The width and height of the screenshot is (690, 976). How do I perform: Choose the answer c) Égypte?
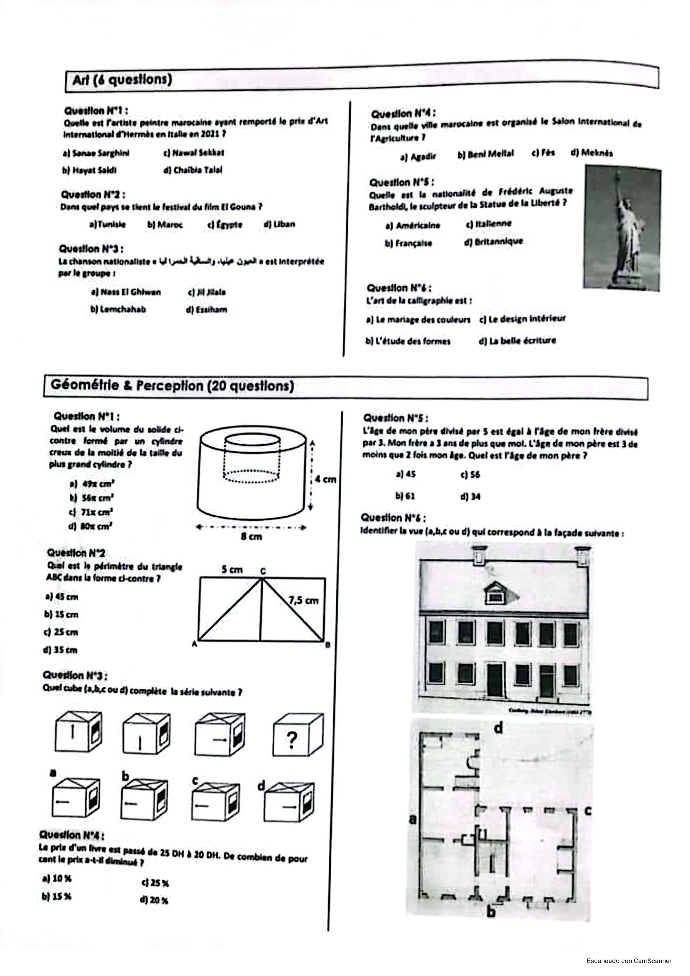[x=225, y=224]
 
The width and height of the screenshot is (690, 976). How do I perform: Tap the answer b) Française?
[x=408, y=243]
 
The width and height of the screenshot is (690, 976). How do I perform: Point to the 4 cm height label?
[x=326, y=479]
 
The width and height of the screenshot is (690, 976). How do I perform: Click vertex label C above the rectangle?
[x=263, y=571]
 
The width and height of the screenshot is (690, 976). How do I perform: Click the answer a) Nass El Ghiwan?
[x=126, y=292]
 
